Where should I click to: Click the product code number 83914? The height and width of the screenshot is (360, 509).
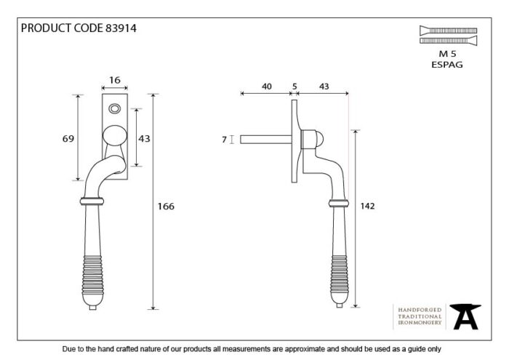tap(121, 28)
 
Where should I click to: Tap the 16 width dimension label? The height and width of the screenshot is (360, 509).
tap(115, 80)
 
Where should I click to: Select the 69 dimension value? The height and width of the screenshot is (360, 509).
tap(68, 139)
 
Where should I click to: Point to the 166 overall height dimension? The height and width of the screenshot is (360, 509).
tap(166, 206)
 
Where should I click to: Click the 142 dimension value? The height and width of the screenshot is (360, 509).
tap(367, 206)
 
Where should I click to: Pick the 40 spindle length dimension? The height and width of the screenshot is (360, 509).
tap(267, 87)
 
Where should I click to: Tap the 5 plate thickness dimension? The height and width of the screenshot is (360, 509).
tap(294, 87)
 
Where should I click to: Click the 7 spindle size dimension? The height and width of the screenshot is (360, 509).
tap(224, 140)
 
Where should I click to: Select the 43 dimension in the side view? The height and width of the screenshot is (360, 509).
tap(324, 87)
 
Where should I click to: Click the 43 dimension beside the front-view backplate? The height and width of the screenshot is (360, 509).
tap(145, 139)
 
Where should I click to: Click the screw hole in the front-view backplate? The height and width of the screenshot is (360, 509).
tap(115, 108)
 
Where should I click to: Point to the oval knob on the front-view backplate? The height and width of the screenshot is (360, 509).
tap(115, 135)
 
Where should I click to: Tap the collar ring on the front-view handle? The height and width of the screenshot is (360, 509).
tap(92, 201)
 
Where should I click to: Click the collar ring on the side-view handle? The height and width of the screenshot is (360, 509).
tap(339, 204)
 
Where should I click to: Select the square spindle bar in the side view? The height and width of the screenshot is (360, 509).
tap(266, 140)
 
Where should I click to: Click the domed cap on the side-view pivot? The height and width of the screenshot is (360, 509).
tap(319, 140)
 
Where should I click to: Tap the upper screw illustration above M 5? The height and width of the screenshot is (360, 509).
tap(449, 31)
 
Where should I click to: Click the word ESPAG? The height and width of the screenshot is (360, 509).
tap(447, 65)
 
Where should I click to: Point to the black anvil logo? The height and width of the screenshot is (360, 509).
tap(465, 316)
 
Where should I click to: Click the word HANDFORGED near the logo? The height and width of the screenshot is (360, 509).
tap(420, 310)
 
